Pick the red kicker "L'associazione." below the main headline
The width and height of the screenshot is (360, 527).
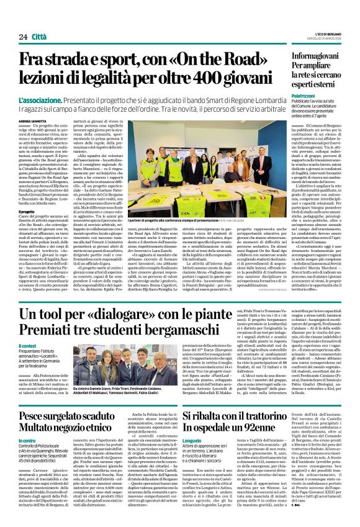coord(40,99)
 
